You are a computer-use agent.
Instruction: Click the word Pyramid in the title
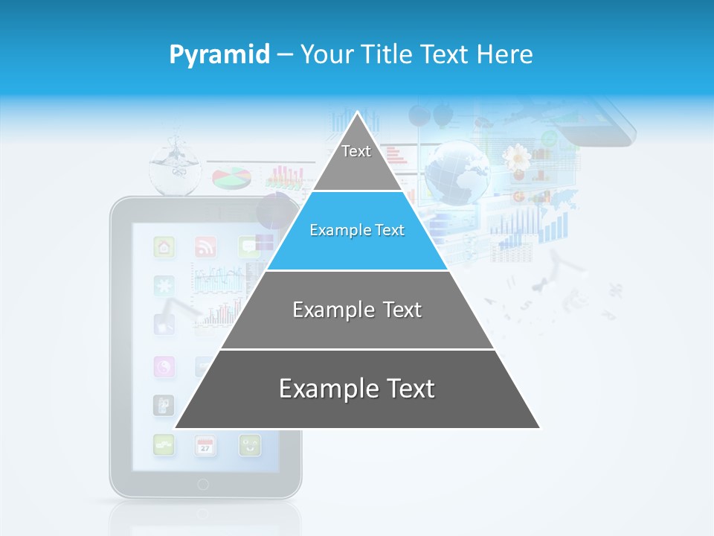pos(219,54)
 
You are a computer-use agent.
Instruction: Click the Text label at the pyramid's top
pos(356,151)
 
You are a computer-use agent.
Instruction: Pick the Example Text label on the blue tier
pos(357,230)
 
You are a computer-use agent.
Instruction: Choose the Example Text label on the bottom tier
pos(357,389)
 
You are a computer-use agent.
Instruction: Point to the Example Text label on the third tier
pos(357,310)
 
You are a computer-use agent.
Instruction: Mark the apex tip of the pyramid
pos(358,113)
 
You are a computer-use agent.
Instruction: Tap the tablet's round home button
pos(203,485)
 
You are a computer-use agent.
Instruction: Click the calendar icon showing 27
pos(205,446)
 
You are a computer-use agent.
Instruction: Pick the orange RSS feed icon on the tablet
pos(205,246)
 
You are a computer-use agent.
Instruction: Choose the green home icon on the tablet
pos(164,246)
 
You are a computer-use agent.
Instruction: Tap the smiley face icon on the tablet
pos(250,445)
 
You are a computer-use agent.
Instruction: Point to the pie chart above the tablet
pos(231,178)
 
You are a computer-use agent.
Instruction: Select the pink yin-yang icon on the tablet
pos(164,366)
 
